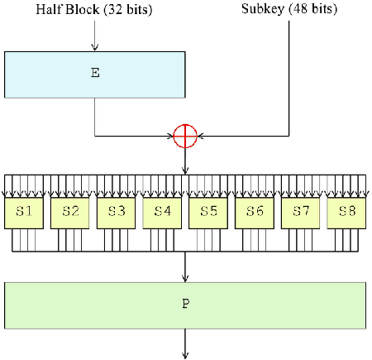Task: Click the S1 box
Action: tap(24, 213)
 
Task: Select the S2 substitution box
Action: tap(70, 213)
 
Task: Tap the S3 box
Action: tap(116, 213)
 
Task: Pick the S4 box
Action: tap(162, 213)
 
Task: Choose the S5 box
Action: tap(208, 213)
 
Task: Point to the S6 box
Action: tap(255, 213)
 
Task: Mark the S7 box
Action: tap(301, 213)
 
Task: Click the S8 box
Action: tap(346, 213)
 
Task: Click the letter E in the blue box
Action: tap(95, 73)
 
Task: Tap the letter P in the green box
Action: tap(186, 304)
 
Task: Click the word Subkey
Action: tap(263, 9)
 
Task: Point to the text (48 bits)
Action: tap(312, 9)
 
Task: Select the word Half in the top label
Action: tap(48, 9)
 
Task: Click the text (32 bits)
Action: tap(128, 9)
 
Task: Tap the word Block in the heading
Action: tap(83, 9)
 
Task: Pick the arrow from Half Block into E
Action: tap(95, 36)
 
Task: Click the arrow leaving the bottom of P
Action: tap(185, 343)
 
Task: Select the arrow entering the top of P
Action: tap(185, 266)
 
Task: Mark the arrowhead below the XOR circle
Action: tap(185, 170)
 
